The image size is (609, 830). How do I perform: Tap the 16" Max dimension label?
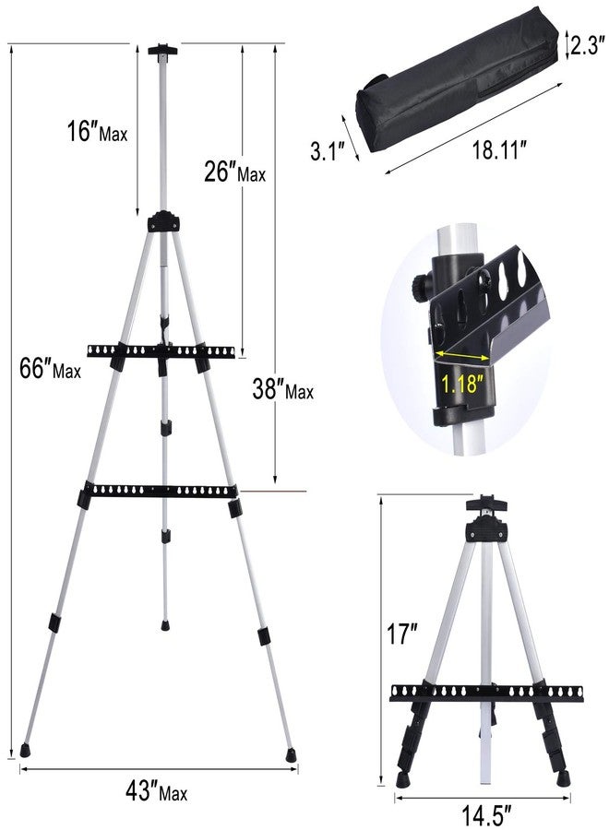[101, 133]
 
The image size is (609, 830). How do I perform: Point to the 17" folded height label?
[402, 635]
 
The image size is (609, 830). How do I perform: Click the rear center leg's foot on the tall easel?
[166, 622]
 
